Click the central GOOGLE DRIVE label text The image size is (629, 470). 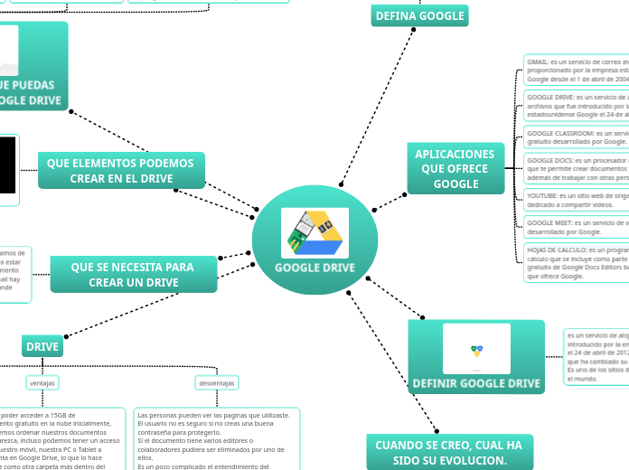[314, 268]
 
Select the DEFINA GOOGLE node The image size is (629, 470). [419, 15]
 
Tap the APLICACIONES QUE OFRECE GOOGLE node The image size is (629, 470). [455, 169]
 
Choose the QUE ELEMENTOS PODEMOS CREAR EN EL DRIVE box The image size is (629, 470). [121, 171]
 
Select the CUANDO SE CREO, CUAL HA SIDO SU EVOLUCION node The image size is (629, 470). [448, 453]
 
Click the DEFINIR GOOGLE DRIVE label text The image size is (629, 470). [476, 383]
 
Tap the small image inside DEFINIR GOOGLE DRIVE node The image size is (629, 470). [476, 349]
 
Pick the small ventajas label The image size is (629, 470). [42, 383]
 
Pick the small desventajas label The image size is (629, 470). [217, 383]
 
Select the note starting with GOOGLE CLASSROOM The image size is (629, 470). [577, 136]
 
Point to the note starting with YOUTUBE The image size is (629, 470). [577, 200]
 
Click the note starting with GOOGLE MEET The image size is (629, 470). [577, 227]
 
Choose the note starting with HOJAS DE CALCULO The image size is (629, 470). [577, 262]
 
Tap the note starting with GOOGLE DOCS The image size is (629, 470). [577, 169]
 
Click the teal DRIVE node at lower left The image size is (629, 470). [42, 346]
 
